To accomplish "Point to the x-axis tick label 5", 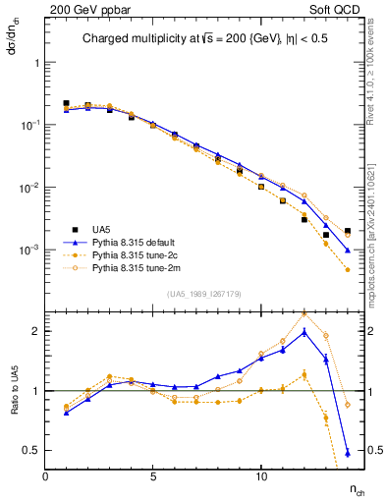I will click(x=153, y=476).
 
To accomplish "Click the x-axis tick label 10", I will click(x=260, y=476).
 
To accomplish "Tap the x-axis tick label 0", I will click(x=45, y=476).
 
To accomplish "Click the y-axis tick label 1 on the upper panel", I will click(x=36, y=62).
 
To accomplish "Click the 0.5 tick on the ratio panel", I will click(x=30, y=450).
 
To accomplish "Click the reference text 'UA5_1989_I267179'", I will click(x=201, y=294).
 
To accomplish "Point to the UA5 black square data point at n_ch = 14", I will click(x=348, y=231).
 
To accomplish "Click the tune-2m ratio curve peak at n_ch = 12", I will click(x=304, y=313).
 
